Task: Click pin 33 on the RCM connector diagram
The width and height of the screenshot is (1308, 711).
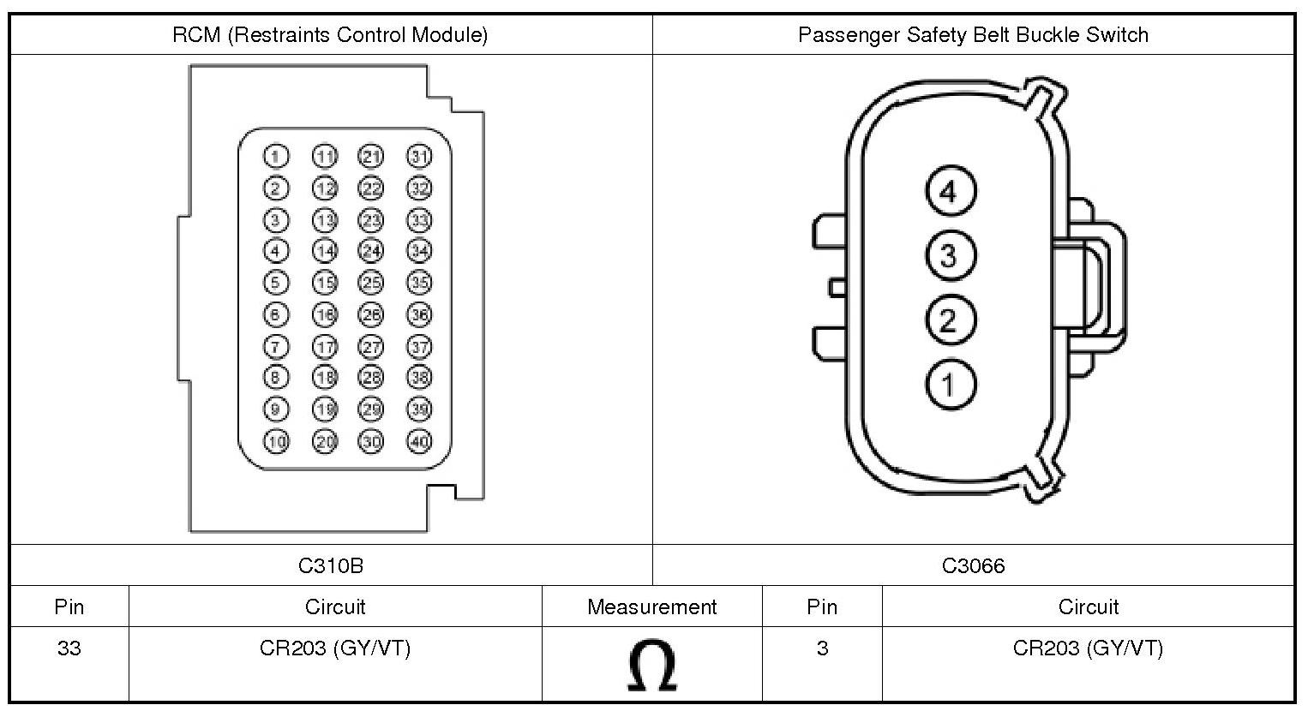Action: [x=418, y=221]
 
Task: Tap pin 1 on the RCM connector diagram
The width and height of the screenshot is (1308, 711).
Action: [x=276, y=157]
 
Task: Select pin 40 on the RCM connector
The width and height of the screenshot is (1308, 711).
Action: [x=418, y=441]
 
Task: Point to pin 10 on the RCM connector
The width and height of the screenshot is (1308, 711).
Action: [x=276, y=441]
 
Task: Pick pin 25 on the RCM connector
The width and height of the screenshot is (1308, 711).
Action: [x=370, y=284]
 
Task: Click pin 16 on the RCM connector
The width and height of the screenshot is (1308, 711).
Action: [x=325, y=315]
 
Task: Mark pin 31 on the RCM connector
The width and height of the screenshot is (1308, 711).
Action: [x=418, y=157]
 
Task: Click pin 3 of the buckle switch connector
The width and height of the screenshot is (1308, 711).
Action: [x=951, y=255]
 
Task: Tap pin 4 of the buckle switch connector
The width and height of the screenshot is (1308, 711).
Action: [x=951, y=191]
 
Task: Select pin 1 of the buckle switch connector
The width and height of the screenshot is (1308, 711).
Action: [x=951, y=384]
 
